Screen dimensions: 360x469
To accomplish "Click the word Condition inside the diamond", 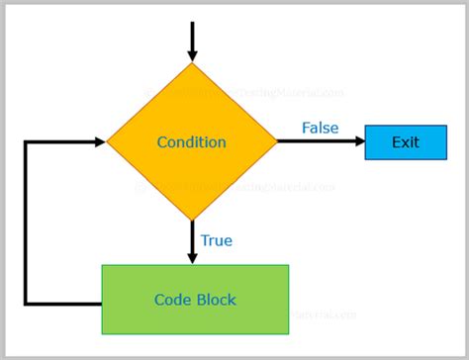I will (191, 142).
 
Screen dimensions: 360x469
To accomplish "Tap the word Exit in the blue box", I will (405, 142).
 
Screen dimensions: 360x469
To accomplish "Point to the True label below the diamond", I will (217, 240).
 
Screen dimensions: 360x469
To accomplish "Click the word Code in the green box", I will (173, 300).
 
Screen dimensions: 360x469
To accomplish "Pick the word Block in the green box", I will (217, 300).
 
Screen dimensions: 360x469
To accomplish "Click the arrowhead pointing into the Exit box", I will (357, 142).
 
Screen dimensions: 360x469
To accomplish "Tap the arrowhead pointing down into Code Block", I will (193, 256).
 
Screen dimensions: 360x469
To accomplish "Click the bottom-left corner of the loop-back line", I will (27, 303).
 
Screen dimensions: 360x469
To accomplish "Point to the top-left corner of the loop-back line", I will (27, 142).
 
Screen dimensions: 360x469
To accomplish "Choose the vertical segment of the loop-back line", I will (27, 223).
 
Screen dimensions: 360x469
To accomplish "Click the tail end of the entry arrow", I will (192, 22).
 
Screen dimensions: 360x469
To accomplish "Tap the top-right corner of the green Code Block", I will (288, 265).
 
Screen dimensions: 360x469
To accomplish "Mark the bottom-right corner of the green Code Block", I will (288, 333).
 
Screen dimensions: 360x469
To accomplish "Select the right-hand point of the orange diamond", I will (278, 142).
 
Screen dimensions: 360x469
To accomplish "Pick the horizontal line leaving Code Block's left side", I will (64, 303).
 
